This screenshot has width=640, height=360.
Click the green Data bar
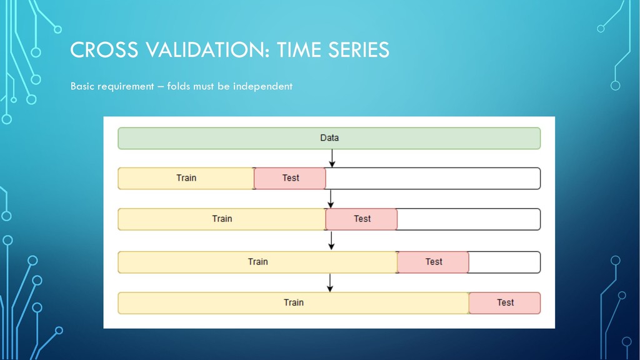pyautogui.click(x=329, y=138)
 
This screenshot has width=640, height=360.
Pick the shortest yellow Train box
pyautogui.click(x=186, y=178)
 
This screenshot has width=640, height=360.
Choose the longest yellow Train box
pyautogui.click(x=294, y=303)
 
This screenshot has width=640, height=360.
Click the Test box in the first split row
pyautogui.click(x=290, y=178)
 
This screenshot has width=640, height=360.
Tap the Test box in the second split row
pyautogui.click(x=361, y=219)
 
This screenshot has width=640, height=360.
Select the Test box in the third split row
pyautogui.click(x=432, y=262)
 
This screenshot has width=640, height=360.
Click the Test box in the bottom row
pyautogui.click(x=505, y=303)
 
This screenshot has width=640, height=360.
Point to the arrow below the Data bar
pyautogui.click(x=332, y=158)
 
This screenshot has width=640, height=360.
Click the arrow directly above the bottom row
pyautogui.click(x=330, y=283)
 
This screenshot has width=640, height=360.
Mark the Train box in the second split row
pyautogui.click(x=222, y=219)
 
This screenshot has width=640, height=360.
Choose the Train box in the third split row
pyautogui.click(x=257, y=262)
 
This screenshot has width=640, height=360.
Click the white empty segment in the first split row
pyautogui.click(x=433, y=178)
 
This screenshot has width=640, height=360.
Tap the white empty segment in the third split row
pyautogui.click(x=504, y=262)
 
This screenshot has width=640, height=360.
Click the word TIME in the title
pyautogui.click(x=299, y=50)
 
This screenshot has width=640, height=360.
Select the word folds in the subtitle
pyautogui.click(x=179, y=86)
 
